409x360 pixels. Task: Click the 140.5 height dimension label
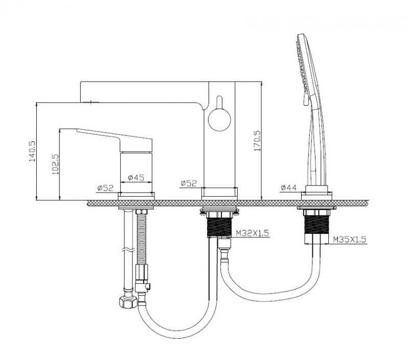click(32, 151)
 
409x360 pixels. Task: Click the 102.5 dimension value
click(56, 164)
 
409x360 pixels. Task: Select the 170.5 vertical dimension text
click(257, 141)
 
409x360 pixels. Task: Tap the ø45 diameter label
click(136, 178)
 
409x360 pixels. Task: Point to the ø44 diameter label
click(289, 187)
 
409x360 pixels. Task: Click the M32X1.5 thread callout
click(252, 233)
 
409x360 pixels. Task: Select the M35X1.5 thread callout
click(350, 239)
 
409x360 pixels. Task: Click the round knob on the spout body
click(219, 119)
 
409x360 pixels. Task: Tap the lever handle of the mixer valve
click(114, 139)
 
